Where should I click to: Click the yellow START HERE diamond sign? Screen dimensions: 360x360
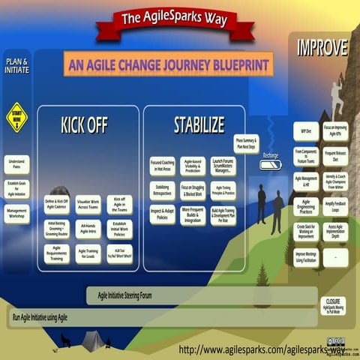[x=16, y=117]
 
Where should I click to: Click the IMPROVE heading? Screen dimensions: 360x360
[x=322, y=48]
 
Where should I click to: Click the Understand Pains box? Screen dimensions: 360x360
[x=16, y=164]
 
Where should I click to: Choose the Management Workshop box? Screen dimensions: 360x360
[x=16, y=214]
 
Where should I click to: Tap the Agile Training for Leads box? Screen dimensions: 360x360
[x=88, y=253]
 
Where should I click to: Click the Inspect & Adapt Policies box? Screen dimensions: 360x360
[x=162, y=214]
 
